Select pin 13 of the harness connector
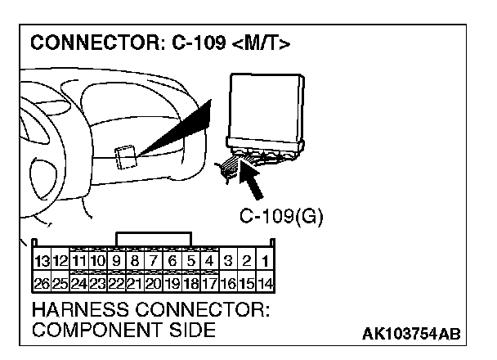coord(42,262)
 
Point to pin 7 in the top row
coord(154,262)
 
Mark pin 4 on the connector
coord(209,262)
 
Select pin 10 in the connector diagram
coord(98,262)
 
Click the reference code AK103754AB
coord(411,335)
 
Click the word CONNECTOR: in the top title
coord(91,43)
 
